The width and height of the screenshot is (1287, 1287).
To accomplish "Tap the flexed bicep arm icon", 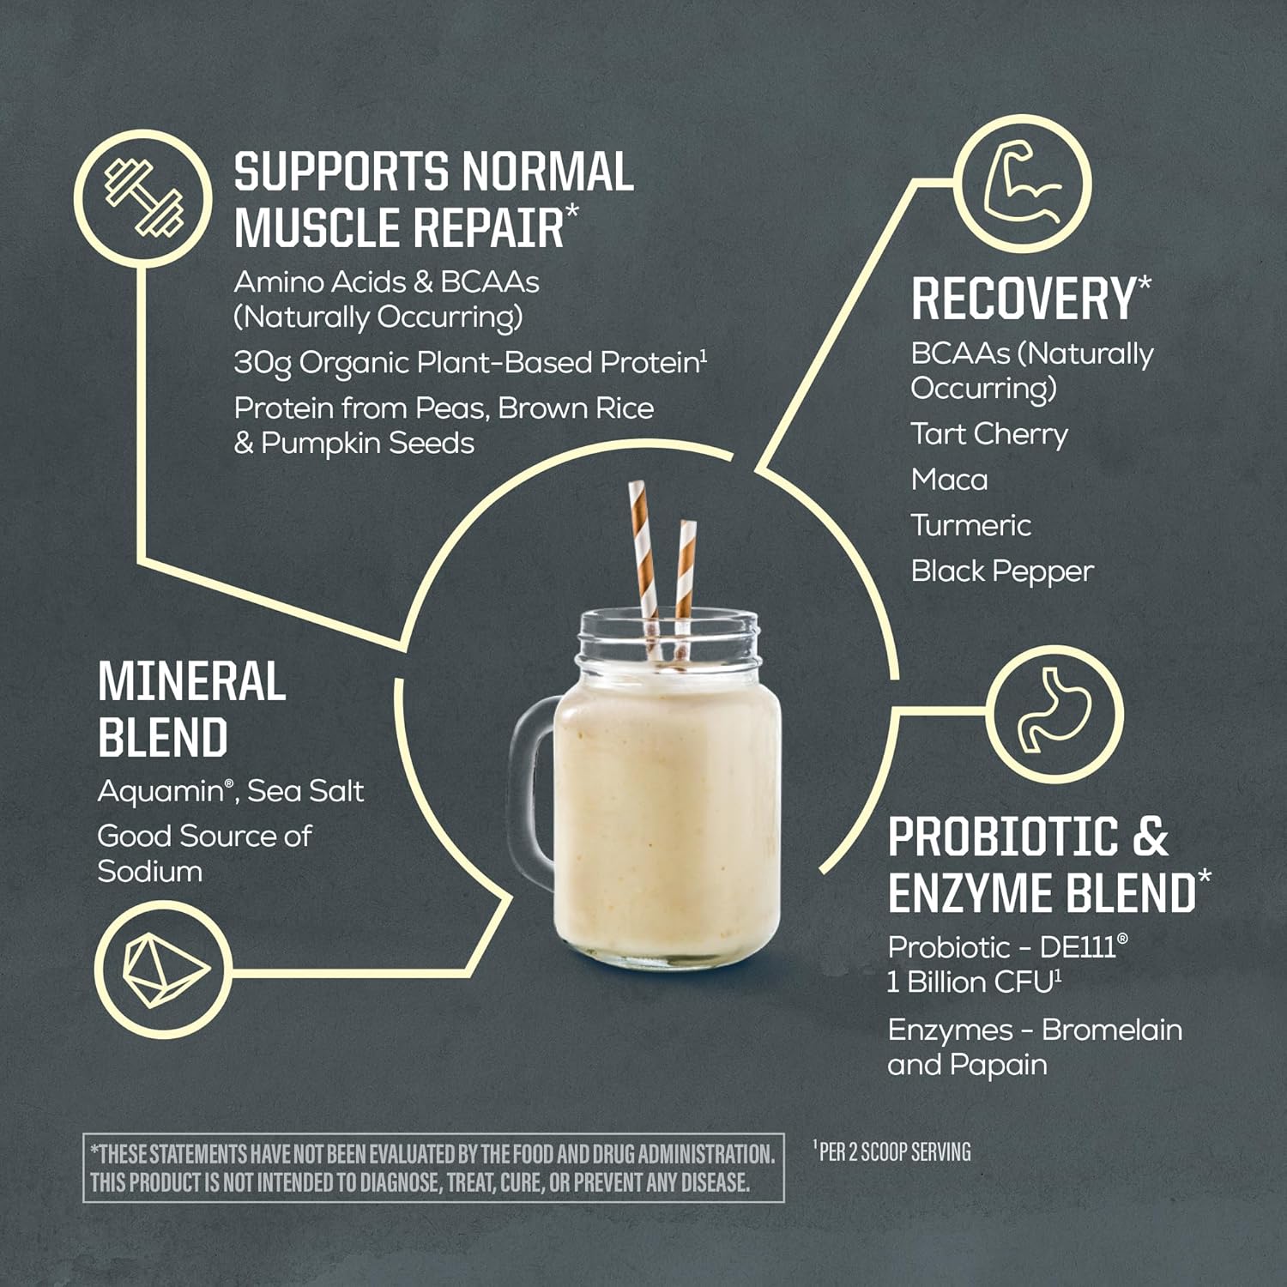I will click(x=1023, y=184).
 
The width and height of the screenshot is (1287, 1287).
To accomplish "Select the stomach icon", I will click(x=1054, y=714).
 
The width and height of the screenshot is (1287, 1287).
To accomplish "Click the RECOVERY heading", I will click(x=1024, y=299).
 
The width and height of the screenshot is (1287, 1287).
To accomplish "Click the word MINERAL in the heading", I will click(x=191, y=683).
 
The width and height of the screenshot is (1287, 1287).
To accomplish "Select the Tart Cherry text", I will click(x=989, y=434).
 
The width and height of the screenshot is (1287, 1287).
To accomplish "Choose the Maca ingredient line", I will click(x=949, y=480).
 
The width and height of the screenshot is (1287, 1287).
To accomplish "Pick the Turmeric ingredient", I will click(x=970, y=525).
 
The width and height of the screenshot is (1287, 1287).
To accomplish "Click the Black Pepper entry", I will click(x=1002, y=571).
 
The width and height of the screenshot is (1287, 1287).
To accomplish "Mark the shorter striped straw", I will click(x=685, y=575).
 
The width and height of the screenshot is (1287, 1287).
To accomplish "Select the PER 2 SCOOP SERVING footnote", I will click(x=892, y=1151).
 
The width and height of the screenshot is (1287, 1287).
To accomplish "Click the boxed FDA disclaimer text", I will click(x=433, y=1168).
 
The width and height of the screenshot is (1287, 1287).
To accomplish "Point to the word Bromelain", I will click(x=1111, y=1030).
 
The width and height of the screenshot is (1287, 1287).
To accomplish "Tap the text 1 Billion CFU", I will click(x=970, y=982).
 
